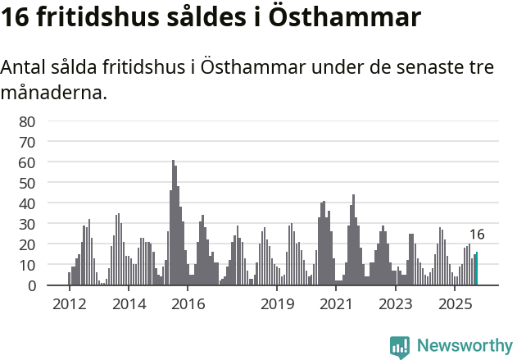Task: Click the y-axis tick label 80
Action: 27,121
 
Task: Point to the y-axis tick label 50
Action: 27,183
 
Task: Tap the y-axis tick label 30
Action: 27,224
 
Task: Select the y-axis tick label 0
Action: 31,285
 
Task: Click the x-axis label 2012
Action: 69,304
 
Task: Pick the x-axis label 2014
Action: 128,304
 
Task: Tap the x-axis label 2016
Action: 188,304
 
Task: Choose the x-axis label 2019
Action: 277,304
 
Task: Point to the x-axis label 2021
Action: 336,304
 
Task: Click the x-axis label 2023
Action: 396,304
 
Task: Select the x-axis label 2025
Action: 455,304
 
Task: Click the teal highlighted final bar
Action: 477,270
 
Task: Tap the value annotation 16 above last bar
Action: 477,235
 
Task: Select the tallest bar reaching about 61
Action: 173,223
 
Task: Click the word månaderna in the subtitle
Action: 53,93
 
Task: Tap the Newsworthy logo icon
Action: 400,347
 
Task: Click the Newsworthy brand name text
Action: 464,347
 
